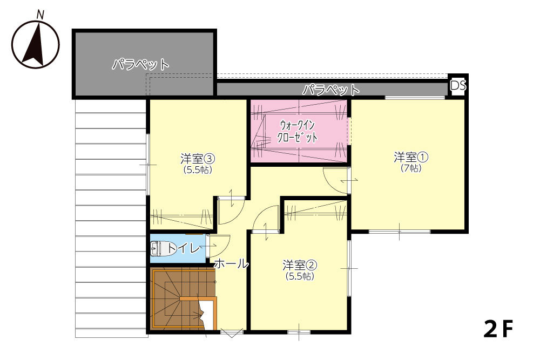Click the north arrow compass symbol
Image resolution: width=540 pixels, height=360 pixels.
(x=36, y=44)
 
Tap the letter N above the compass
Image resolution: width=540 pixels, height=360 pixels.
(x=40, y=15)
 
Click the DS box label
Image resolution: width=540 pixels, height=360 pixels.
(x=458, y=85)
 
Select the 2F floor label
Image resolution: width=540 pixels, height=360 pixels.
(x=498, y=329)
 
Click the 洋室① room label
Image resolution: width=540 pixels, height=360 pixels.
(x=411, y=157)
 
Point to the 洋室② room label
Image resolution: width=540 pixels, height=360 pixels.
(x=300, y=266)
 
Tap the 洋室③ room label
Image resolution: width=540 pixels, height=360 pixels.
(x=198, y=159)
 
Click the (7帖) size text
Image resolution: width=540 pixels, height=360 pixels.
(x=411, y=168)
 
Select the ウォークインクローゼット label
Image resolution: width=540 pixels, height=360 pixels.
(x=298, y=131)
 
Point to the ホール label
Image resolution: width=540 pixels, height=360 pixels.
(x=231, y=263)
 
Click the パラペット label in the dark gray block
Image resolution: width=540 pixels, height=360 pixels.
(x=140, y=64)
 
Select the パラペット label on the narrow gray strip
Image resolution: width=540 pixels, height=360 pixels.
(x=331, y=90)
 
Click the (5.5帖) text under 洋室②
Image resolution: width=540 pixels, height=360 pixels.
(x=300, y=276)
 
